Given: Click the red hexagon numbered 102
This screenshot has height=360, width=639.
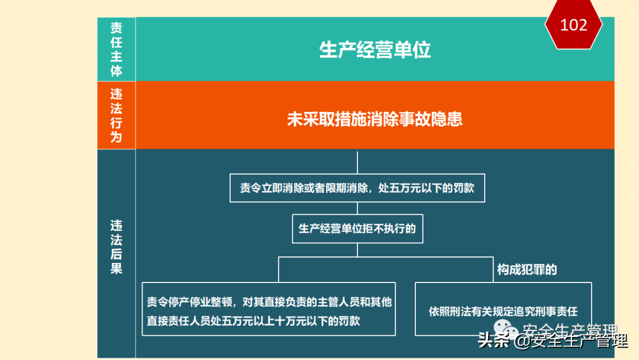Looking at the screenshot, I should (573, 25).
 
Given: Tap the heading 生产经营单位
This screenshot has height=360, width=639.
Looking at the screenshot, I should (375, 50).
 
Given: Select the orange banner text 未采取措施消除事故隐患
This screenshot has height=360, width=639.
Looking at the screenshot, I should (375, 119).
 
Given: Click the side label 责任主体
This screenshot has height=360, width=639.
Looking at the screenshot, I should (116, 50).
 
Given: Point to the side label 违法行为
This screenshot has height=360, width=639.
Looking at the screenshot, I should (116, 115).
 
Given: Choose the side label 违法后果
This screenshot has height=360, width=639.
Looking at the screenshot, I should (116, 247).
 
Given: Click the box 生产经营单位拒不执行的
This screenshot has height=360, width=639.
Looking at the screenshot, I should (357, 229).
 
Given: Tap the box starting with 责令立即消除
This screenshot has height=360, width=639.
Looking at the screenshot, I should (357, 188).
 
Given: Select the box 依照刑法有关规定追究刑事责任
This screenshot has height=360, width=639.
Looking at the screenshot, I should (503, 311).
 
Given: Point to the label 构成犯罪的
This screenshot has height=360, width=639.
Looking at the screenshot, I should (527, 270).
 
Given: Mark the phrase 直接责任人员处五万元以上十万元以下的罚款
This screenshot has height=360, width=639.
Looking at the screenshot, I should (254, 322).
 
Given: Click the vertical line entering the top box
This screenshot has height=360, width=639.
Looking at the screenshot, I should (357, 162).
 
